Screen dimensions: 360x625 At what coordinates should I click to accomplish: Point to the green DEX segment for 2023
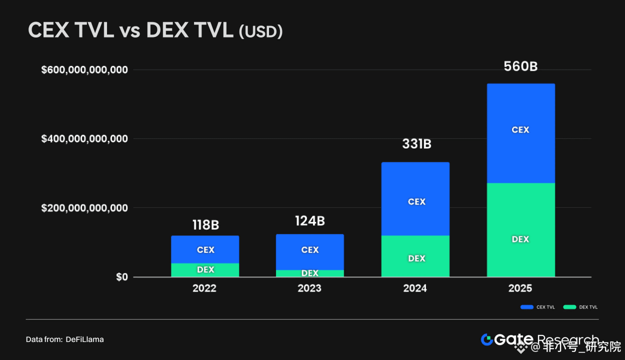[x=310, y=273]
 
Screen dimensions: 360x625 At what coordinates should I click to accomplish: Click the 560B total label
[x=520, y=66]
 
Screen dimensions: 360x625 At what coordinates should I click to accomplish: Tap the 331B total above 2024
[x=416, y=144]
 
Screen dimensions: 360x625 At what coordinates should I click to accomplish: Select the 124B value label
[x=310, y=221]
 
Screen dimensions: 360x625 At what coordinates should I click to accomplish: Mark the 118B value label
[x=205, y=225]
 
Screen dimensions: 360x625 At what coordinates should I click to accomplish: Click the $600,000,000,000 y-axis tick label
[x=84, y=69]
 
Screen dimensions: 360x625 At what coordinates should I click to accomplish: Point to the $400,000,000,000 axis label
[x=84, y=138]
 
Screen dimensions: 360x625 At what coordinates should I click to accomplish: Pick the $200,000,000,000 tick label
[x=84, y=207]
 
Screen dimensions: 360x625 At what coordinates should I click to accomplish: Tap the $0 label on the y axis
[x=122, y=277]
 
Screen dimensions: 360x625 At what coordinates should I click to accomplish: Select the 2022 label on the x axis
[x=205, y=288]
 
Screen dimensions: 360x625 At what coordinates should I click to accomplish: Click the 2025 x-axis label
[x=520, y=288]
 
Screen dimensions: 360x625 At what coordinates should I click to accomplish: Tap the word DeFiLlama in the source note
[x=84, y=339]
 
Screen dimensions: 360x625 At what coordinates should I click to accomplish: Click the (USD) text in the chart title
[x=260, y=32]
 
